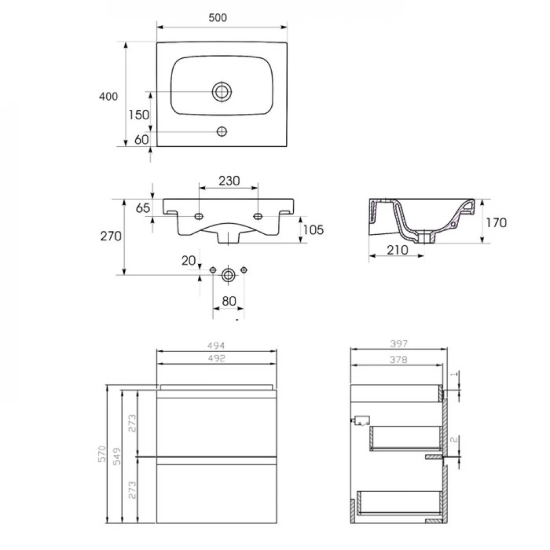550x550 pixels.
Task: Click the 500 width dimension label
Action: click(217, 18)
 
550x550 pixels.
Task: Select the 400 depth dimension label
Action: click(108, 96)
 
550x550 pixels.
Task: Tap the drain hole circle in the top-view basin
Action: click(222, 91)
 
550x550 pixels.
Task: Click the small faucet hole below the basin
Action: click(222, 131)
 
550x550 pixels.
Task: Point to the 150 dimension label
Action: click(139, 115)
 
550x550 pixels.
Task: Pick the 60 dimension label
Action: click(142, 140)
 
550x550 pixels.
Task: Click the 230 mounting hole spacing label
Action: click(229, 181)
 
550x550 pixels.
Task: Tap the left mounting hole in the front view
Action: click(199, 216)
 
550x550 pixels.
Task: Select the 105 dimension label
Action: click(313, 230)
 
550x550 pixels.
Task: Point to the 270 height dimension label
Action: click(111, 236)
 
